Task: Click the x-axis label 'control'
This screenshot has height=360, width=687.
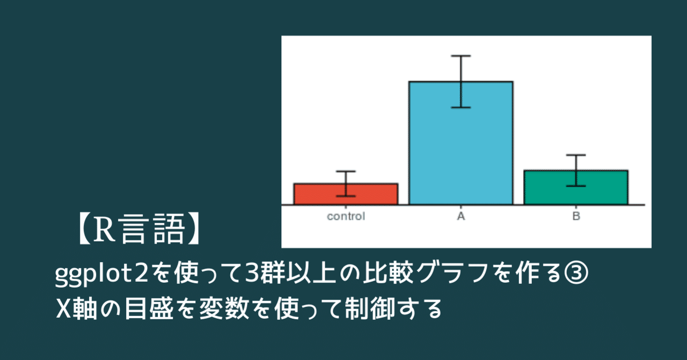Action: (x=346, y=217)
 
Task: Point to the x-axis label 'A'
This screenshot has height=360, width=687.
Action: (x=461, y=217)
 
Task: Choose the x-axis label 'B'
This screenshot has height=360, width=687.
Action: (x=576, y=217)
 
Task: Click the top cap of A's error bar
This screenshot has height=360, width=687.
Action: (x=461, y=56)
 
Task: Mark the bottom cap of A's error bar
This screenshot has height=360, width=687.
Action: (x=461, y=107)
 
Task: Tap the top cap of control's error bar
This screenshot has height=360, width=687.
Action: (x=346, y=171)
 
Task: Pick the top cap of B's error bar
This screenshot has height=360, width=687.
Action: (x=576, y=155)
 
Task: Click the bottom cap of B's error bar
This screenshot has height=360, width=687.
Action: (x=576, y=186)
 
